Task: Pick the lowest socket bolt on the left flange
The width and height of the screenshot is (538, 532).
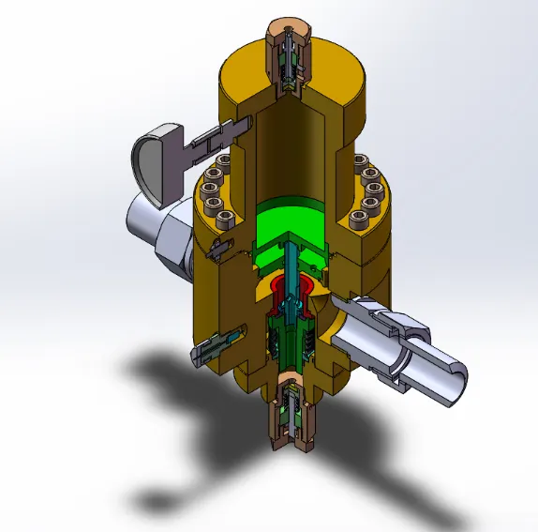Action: pyautogui.click(x=224, y=220)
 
